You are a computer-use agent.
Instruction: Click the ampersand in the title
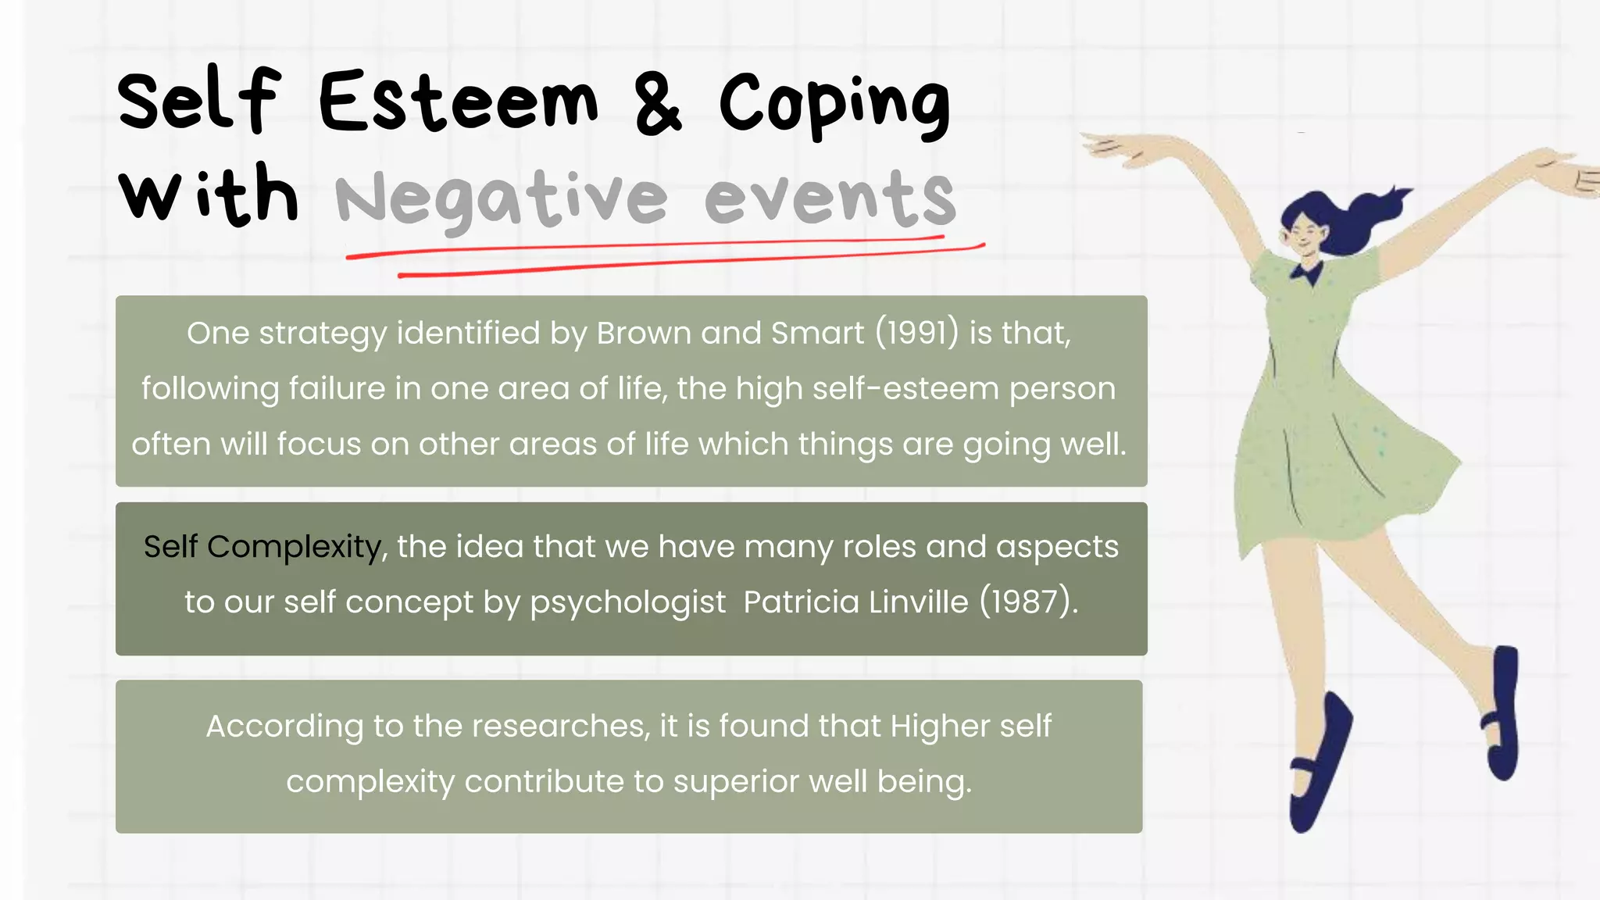[x=658, y=102]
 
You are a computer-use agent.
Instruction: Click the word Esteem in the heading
[x=459, y=102]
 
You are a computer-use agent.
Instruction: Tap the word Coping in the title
[x=834, y=105]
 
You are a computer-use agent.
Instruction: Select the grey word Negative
[x=501, y=199]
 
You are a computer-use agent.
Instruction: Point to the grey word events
[x=830, y=199]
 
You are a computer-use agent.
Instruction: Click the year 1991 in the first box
[x=916, y=334]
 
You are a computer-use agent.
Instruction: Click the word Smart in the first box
[x=817, y=334]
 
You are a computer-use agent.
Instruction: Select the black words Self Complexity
[x=262, y=547]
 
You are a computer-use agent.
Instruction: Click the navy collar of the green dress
[x=1307, y=273]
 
